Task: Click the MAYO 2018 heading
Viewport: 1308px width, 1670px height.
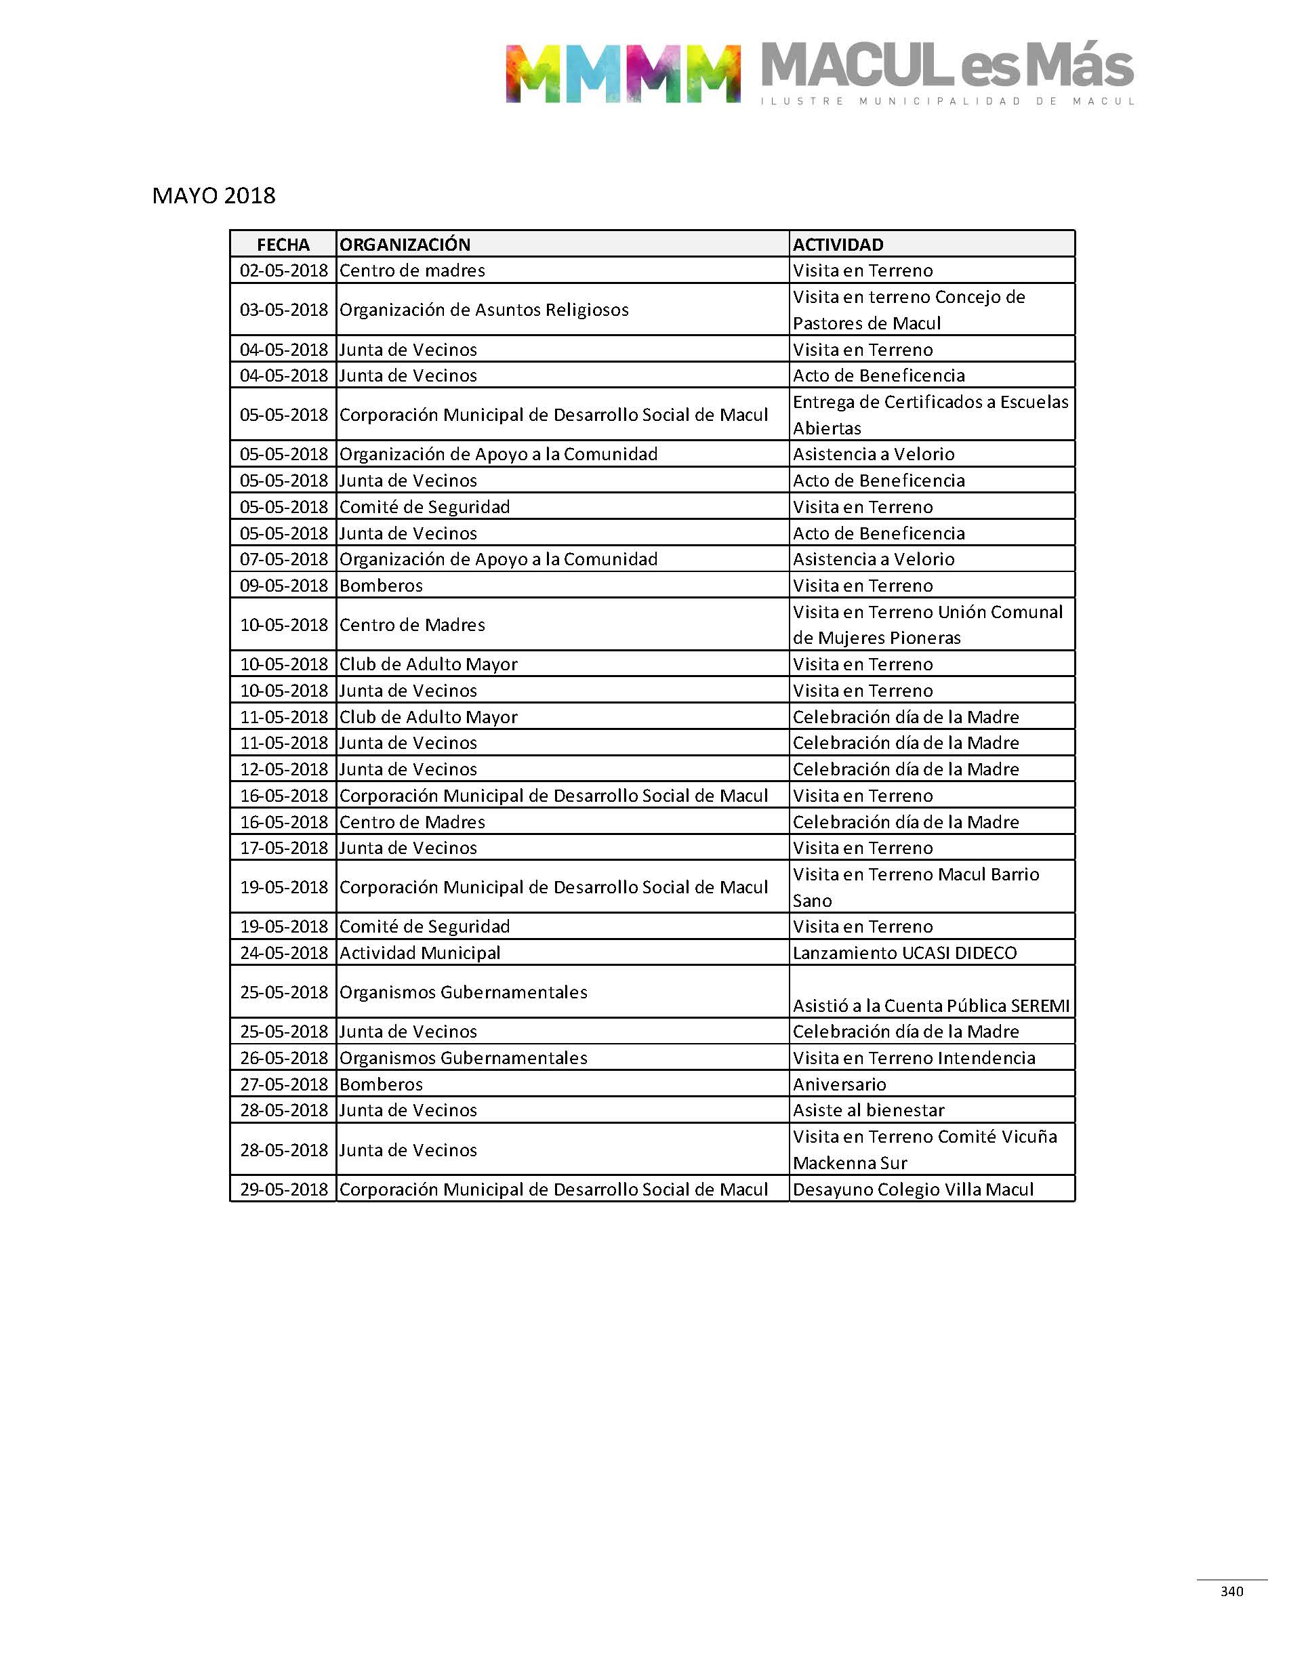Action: (x=213, y=196)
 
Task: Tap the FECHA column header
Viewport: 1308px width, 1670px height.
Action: (x=283, y=245)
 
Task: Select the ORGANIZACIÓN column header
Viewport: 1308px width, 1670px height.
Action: (x=405, y=245)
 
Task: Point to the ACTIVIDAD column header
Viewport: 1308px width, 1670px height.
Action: (x=838, y=245)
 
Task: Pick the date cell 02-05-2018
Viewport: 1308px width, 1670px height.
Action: (x=283, y=271)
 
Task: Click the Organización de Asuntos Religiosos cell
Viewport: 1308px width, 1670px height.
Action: (x=484, y=310)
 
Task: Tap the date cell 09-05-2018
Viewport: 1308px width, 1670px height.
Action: (x=283, y=586)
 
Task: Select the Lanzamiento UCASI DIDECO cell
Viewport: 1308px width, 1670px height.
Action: (x=905, y=954)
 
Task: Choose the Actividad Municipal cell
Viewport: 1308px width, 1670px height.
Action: (x=420, y=954)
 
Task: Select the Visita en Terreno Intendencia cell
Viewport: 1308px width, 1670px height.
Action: (x=914, y=1058)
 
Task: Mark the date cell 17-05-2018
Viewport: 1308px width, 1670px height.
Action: (x=283, y=849)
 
